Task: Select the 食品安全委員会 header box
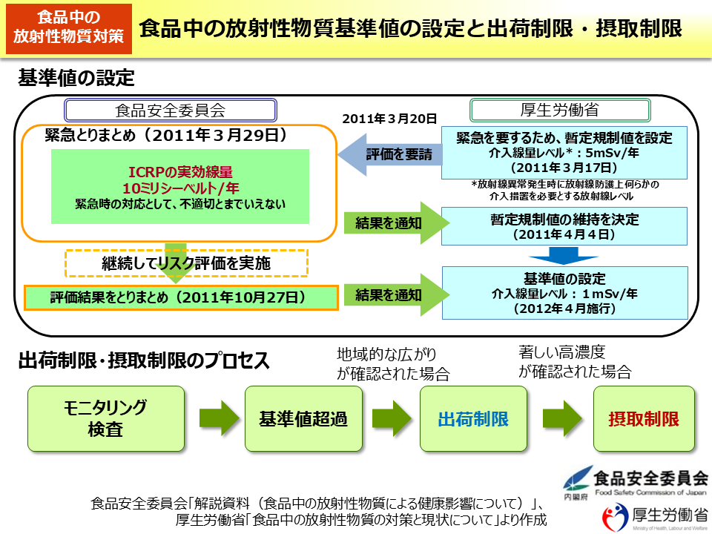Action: coord(170,111)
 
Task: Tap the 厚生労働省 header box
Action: coord(560,111)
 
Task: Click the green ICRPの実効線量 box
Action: coord(180,186)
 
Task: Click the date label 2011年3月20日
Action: coord(389,119)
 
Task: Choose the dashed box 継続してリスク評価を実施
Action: coord(186,263)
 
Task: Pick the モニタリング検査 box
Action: coord(106,419)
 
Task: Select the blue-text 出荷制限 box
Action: coord(473,419)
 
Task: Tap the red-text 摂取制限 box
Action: coord(644,419)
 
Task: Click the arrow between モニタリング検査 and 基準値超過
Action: coord(215,419)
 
